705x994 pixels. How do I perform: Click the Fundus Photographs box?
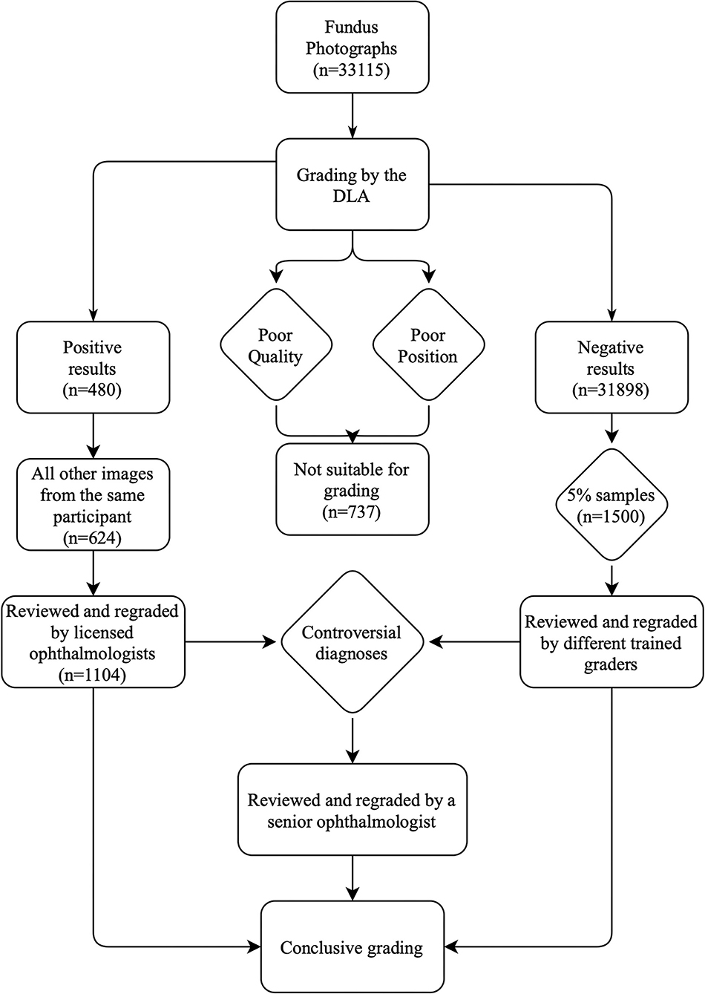point(352,48)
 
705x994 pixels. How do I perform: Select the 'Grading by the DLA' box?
point(352,186)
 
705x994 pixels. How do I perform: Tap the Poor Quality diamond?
point(275,345)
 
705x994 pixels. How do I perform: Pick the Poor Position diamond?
point(427,345)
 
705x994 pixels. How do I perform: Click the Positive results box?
point(93,367)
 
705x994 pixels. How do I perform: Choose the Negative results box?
point(611,367)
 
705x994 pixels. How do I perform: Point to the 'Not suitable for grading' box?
point(352,489)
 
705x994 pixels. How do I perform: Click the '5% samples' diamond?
point(611,506)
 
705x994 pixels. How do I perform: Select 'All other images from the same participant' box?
point(93,506)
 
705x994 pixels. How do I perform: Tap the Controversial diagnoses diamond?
point(352,642)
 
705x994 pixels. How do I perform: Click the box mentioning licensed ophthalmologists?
point(93,642)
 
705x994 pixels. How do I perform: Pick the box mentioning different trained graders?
point(611,642)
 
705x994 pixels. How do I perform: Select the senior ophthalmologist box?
point(352,811)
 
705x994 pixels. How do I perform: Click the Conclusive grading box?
point(352,947)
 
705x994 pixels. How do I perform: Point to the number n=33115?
point(352,71)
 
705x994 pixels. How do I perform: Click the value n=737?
point(352,512)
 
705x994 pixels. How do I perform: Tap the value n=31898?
point(611,390)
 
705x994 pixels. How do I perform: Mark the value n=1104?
point(93,675)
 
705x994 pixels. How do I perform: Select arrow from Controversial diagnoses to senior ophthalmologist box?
point(352,739)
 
